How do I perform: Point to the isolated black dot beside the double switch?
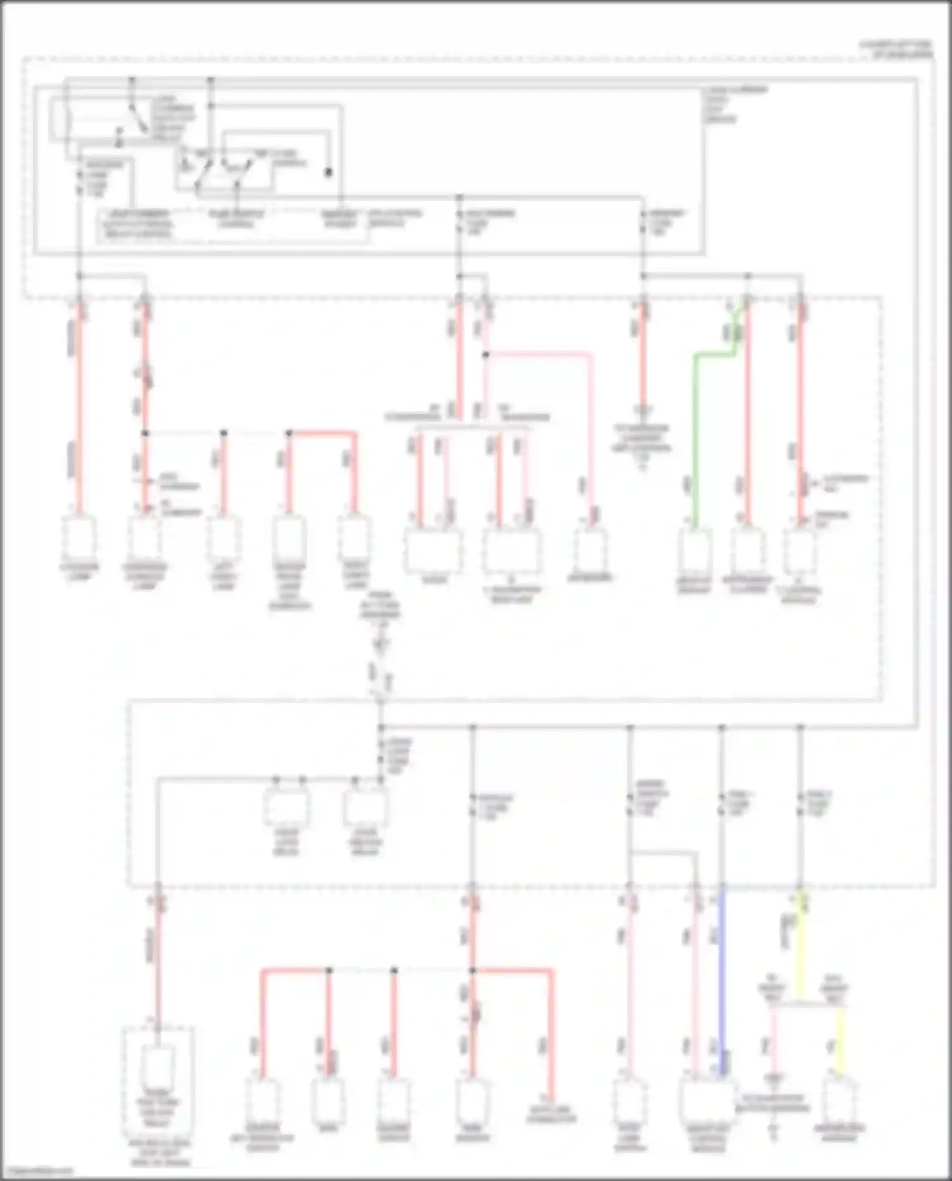[328, 172]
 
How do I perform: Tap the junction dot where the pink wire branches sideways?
[486, 355]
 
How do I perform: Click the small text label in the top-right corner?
[895, 49]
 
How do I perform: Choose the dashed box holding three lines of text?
[136, 224]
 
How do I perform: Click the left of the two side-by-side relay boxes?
[287, 807]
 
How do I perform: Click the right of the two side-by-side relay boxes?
[365, 807]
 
